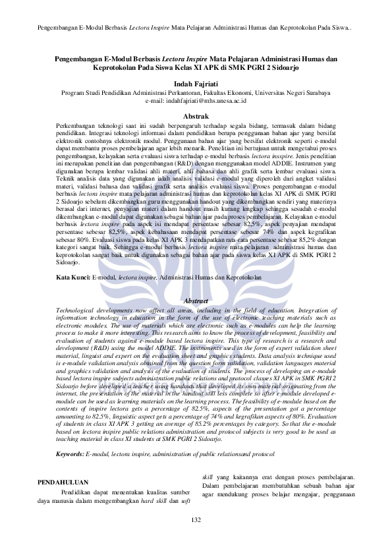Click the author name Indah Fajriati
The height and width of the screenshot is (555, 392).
tap(196, 84)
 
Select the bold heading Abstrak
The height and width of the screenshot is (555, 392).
tap(196, 116)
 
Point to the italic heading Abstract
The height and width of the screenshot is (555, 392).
tap(196, 301)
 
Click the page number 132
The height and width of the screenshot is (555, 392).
tap(196, 520)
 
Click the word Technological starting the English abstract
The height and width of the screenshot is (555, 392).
tap(78, 309)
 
